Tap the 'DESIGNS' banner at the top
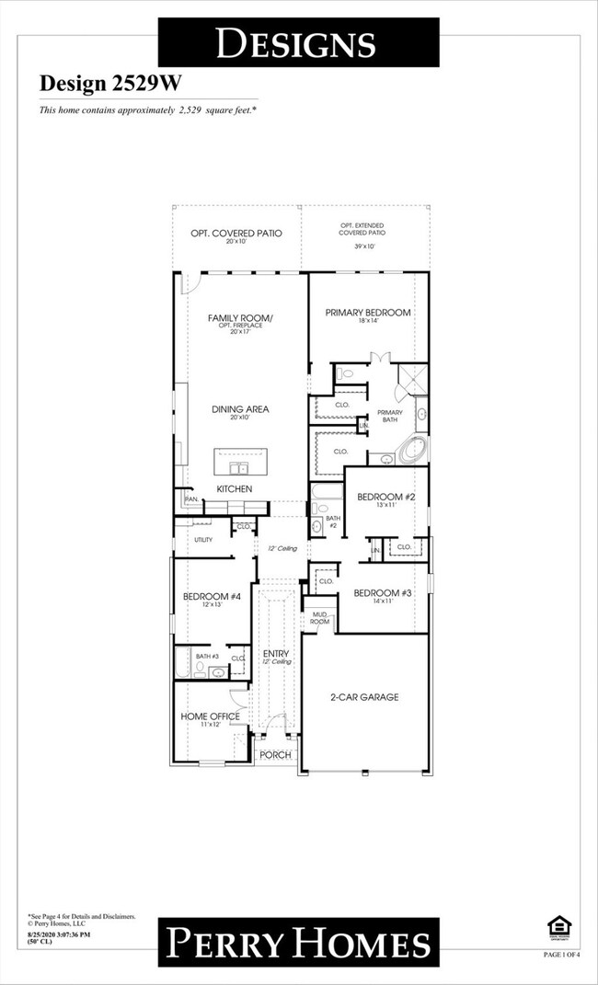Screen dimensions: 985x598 (x=296, y=42)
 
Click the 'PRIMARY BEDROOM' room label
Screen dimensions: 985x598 (x=368, y=313)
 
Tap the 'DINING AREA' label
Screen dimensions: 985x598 (x=241, y=409)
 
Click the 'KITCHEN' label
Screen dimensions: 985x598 (x=235, y=488)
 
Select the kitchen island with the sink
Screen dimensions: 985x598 (x=241, y=461)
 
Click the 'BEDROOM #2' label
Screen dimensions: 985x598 (x=385, y=497)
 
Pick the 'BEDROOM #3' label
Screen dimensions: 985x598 (x=383, y=592)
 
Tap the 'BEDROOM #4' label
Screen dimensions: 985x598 (x=212, y=597)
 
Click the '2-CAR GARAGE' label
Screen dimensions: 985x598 (x=365, y=697)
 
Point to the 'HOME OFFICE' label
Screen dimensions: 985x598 (x=210, y=716)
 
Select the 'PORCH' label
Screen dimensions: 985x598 (x=274, y=755)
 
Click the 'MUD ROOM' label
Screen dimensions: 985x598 (x=319, y=617)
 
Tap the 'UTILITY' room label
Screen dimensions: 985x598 (x=203, y=540)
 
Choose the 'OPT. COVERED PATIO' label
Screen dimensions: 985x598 (x=236, y=234)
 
